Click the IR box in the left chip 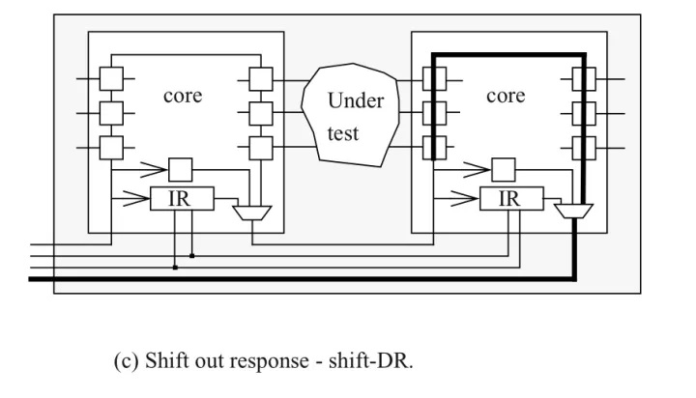pos(179,201)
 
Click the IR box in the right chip pos(507,201)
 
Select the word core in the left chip pos(183,97)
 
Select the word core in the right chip pos(506,97)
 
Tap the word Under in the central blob pos(355,101)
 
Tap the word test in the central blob pos(343,133)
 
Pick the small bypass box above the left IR pos(181,169)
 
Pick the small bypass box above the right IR pos(503,169)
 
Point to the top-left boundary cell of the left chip pos(112,78)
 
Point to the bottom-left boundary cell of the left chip pos(112,148)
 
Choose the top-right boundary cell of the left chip pos(261,78)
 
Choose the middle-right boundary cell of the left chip pos(261,113)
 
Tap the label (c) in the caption pos(126,362)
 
